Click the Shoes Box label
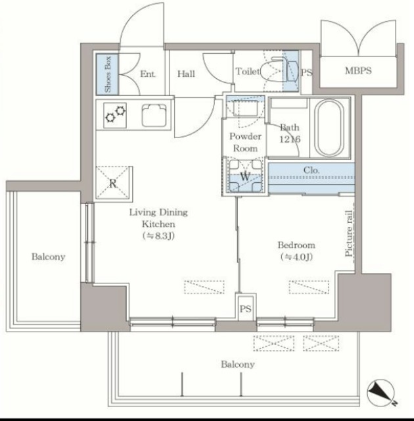point(108,74)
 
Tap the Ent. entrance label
point(148,74)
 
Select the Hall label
point(186,74)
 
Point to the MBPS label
point(358,70)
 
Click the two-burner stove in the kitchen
point(115,115)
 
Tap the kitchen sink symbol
point(154,116)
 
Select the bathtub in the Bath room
point(329,128)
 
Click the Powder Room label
point(245,142)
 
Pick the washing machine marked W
point(245,176)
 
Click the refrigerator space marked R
point(113,183)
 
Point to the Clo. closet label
point(311,170)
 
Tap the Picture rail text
point(349,233)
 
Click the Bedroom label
point(296,245)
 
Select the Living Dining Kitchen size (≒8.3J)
point(159,236)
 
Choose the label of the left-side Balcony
point(48,257)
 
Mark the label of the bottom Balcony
point(238,364)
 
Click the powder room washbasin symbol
point(245,107)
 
